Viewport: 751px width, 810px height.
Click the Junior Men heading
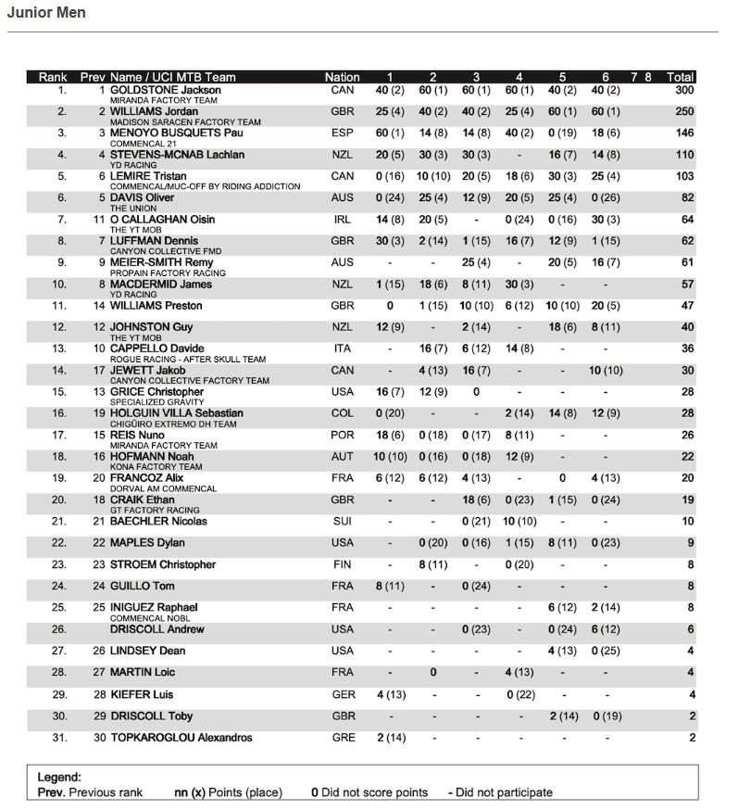point(46,13)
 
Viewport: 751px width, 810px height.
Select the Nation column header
point(342,77)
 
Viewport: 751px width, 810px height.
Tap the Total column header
point(681,77)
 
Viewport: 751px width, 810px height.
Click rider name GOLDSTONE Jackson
point(165,90)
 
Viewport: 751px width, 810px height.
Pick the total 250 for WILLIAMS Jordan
point(684,111)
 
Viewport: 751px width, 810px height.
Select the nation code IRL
point(342,220)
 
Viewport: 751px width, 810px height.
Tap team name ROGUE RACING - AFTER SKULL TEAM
point(187,359)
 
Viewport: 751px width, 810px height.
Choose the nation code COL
point(342,413)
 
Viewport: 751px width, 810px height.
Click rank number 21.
point(61,521)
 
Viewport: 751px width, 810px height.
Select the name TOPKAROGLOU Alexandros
point(181,738)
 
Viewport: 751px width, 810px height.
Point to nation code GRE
point(342,738)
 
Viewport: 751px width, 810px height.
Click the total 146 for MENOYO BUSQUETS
point(684,133)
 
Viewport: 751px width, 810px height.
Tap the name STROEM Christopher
point(162,564)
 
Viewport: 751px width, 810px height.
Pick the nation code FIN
point(342,564)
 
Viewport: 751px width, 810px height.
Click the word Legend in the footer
point(58,777)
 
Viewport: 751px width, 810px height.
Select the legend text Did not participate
point(506,792)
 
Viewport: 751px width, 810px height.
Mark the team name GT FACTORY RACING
point(155,510)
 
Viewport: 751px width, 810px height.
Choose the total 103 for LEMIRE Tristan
point(684,176)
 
